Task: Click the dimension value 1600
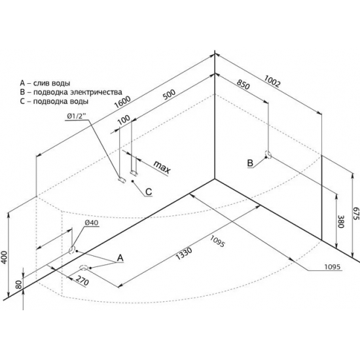pyautogui.click(x=123, y=102)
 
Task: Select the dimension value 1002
pyautogui.click(x=272, y=81)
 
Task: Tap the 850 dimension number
pyautogui.click(x=243, y=84)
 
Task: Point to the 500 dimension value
pyautogui.click(x=169, y=94)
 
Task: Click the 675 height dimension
pyautogui.click(x=355, y=213)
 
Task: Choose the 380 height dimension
pyautogui.click(x=341, y=221)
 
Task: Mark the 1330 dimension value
pyautogui.click(x=184, y=253)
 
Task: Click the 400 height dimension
pyautogui.click(x=5, y=258)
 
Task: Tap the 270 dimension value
pyautogui.click(x=82, y=281)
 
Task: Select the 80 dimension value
pyautogui.click(x=19, y=285)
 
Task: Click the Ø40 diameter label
pyautogui.click(x=91, y=223)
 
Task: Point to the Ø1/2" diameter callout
pyautogui.click(x=77, y=117)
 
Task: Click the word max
pyautogui.click(x=162, y=167)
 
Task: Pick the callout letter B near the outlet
pyautogui.click(x=250, y=163)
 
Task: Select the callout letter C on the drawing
pyautogui.click(x=149, y=192)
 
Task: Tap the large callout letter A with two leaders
pyautogui.click(x=120, y=258)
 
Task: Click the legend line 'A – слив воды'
pyautogui.click(x=45, y=83)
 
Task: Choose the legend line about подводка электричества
pyautogui.click(x=71, y=92)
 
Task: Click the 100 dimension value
pyautogui.click(x=124, y=120)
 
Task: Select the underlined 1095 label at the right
pyautogui.click(x=332, y=267)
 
